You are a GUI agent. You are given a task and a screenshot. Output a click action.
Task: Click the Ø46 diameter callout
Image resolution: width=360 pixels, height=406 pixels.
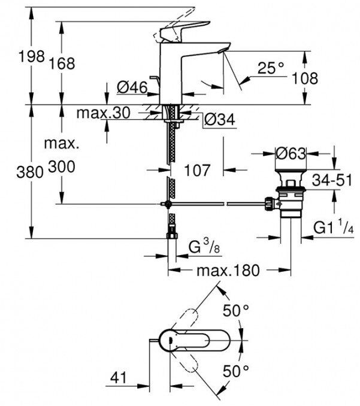point(132,88)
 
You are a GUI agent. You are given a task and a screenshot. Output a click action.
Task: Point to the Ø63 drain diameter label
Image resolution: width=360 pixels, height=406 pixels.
point(291,154)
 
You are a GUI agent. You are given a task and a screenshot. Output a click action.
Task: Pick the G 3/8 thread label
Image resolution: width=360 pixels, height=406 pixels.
point(201,247)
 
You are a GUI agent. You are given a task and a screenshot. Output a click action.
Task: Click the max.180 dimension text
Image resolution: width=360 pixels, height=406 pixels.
point(229,271)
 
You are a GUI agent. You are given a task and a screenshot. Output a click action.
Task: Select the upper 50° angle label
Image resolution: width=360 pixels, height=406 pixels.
point(235,311)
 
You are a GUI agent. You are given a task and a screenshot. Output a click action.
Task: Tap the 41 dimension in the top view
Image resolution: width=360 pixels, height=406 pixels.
point(120,378)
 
